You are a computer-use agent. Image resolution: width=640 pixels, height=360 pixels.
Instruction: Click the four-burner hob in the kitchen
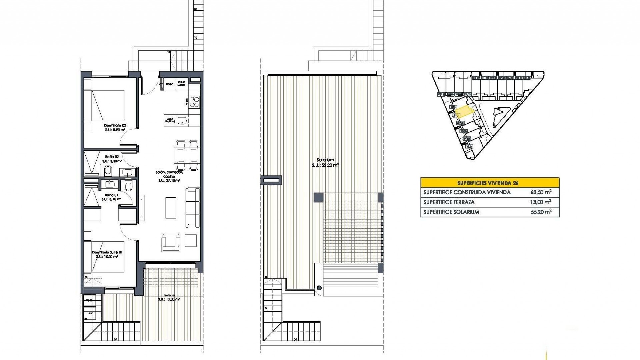(x=194, y=102)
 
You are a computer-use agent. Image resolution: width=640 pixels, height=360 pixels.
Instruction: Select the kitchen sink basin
(x=182, y=120)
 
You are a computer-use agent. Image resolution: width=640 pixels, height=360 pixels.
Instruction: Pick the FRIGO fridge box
(x=170, y=84)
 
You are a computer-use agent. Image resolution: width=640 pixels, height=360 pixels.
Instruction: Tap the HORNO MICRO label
(x=181, y=84)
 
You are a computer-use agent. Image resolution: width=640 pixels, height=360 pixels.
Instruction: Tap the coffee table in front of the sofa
(x=171, y=207)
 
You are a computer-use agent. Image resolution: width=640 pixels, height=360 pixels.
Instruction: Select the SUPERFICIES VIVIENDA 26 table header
(x=490, y=183)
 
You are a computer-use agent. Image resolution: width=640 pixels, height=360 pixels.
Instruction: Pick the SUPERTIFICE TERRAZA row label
(x=449, y=202)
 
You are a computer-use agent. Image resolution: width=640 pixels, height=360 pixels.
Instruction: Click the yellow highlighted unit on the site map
(x=464, y=111)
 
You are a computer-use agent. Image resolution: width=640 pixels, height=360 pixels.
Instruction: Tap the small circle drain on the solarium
(x=319, y=288)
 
